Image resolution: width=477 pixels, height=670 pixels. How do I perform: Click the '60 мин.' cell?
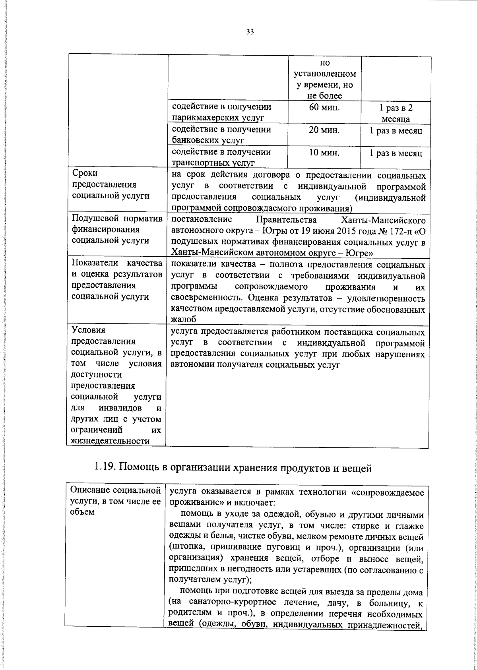pos(324,107)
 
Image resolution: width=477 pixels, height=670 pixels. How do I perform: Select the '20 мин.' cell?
pos(324,130)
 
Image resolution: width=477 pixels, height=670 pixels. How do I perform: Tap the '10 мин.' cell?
pos(324,153)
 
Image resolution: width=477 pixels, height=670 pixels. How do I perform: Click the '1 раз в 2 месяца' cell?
pos(396,113)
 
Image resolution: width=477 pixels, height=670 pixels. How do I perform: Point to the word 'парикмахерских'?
pos(206,118)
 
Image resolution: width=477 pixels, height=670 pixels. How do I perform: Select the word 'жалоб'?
pos(184,320)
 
